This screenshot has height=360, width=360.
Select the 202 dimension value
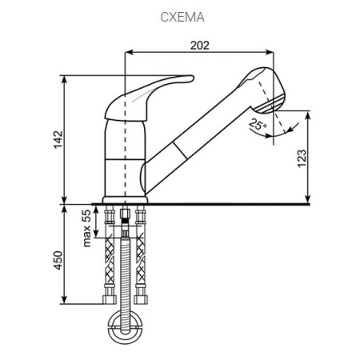tap(201, 46)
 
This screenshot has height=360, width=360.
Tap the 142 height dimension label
tap(56, 138)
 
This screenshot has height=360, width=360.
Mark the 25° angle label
tap(256, 125)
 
